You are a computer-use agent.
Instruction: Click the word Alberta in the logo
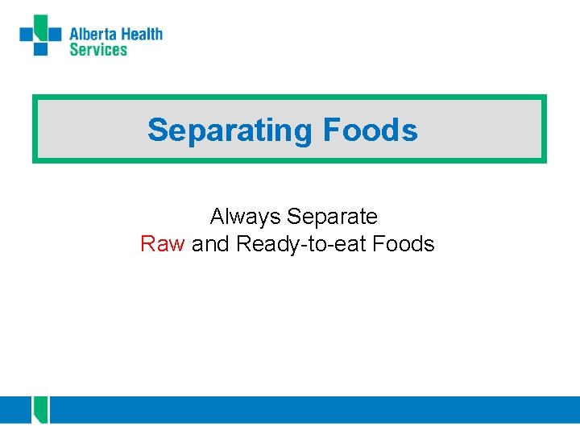coord(93,34)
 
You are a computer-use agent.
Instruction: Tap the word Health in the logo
coord(142,34)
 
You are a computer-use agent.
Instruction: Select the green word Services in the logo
coord(98,50)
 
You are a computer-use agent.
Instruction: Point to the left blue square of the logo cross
coord(27,34)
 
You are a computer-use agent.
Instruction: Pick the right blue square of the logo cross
coord(54,34)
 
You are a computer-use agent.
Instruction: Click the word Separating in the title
coord(230,130)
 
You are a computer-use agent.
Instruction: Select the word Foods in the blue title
coord(370,130)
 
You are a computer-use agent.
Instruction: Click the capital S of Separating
coord(157,130)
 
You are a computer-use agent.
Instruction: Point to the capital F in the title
coord(330,130)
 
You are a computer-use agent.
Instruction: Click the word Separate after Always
coord(332,217)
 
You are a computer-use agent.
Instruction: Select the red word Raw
coord(163,244)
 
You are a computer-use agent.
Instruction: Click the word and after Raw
coord(210,244)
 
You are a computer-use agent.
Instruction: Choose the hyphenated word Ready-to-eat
coord(302,244)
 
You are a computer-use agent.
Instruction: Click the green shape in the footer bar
coord(41,410)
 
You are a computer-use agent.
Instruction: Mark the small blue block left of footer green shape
coord(15,409)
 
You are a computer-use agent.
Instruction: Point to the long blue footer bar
coord(314,409)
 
